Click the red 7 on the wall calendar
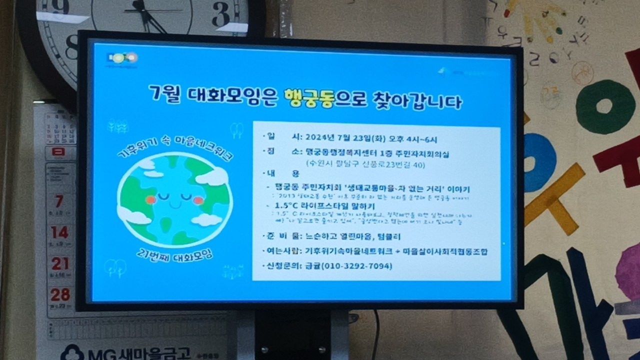coord(59,201)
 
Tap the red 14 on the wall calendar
coord(59,232)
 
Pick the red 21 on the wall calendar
coord(60,263)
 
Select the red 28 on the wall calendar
coord(60,294)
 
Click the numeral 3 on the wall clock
coord(220,15)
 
